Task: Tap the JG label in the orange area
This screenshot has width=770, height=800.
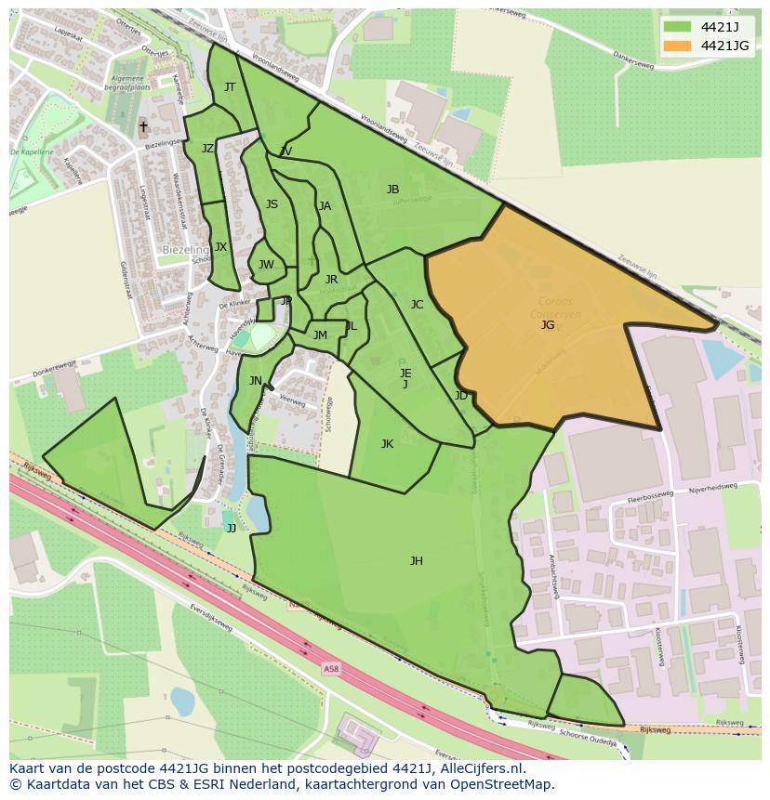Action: point(548,324)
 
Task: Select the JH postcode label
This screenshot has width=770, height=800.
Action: point(417,560)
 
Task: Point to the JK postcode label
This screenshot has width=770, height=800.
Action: point(387,444)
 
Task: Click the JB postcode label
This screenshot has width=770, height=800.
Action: point(392,190)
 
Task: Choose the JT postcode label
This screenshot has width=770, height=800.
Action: point(230,87)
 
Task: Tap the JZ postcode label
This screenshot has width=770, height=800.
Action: point(207,149)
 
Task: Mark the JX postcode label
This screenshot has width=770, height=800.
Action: point(220,247)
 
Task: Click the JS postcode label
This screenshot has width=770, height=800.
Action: point(272,204)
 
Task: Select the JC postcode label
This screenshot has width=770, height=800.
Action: point(417,305)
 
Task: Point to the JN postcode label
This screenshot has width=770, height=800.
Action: point(255,380)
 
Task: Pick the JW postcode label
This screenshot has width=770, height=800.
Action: point(266,265)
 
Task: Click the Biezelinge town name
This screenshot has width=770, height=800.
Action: point(186,250)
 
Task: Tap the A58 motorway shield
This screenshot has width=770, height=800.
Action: point(332,668)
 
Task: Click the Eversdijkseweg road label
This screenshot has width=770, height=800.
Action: point(212,613)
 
